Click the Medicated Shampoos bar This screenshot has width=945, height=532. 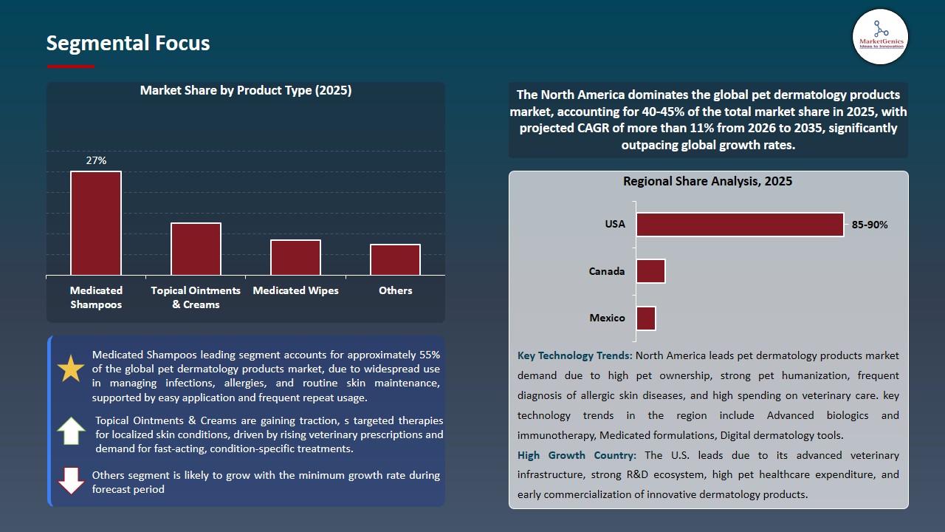(96, 223)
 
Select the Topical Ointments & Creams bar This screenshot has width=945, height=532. (196, 249)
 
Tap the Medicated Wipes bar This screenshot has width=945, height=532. (295, 257)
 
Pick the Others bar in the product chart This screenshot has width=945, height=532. (395, 259)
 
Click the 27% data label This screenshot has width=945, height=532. (96, 160)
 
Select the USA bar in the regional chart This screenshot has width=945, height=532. (740, 225)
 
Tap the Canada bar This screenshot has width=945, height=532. (650, 271)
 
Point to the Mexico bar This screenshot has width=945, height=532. (646, 318)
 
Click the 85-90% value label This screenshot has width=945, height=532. (870, 225)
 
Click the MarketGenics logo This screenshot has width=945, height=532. (880, 36)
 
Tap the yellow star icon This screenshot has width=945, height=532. (71, 369)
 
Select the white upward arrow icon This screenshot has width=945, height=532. (71, 431)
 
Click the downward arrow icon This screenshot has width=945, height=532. (71, 480)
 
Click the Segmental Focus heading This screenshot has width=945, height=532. (128, 43)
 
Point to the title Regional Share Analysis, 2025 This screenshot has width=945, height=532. (707, 181)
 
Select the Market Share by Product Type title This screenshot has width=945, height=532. (246, 91)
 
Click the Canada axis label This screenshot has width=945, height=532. (607, 271)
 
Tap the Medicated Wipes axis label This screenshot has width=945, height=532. (295, 290)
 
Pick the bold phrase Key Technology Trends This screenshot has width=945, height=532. (574, 355)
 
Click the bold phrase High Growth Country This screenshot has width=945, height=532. (579, 455)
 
